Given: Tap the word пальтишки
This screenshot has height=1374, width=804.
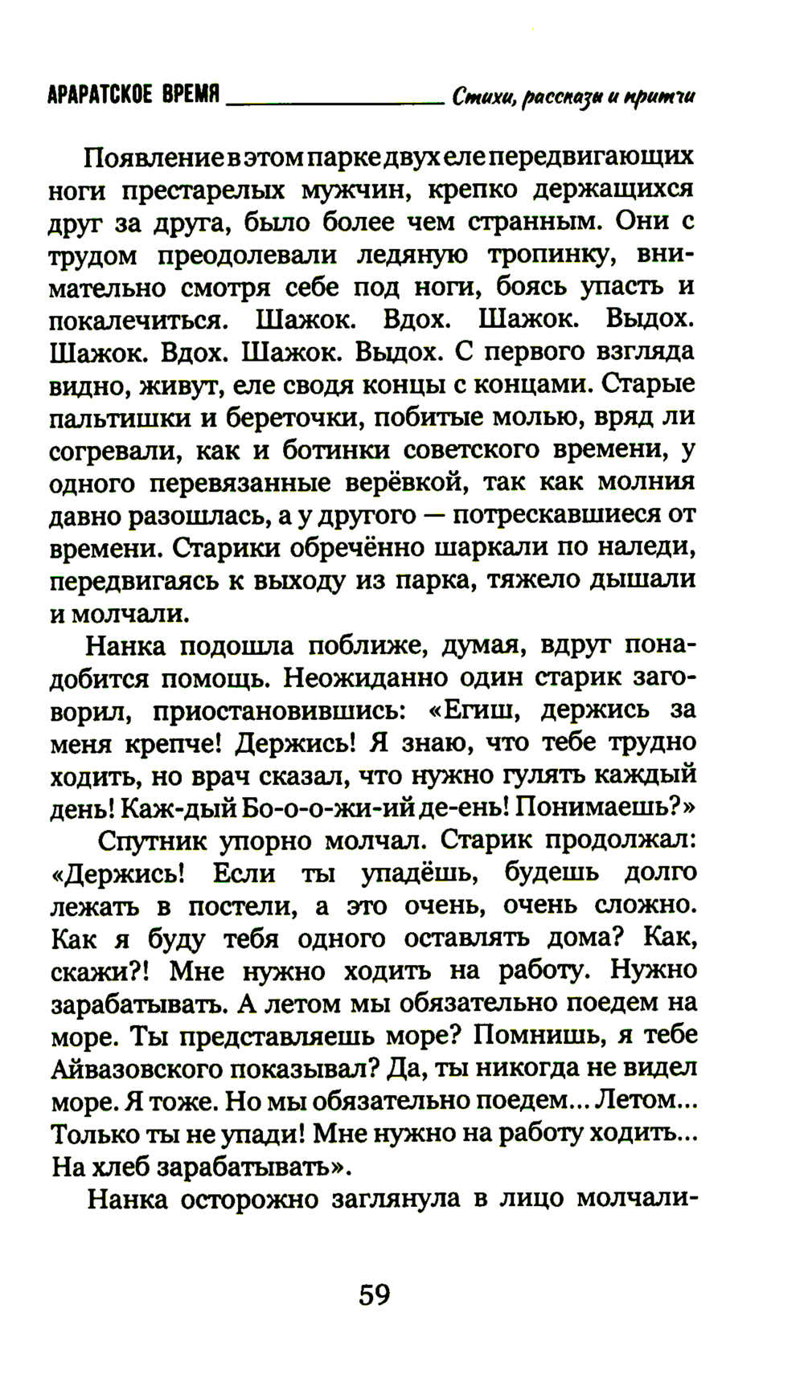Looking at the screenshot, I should pos(120,418).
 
